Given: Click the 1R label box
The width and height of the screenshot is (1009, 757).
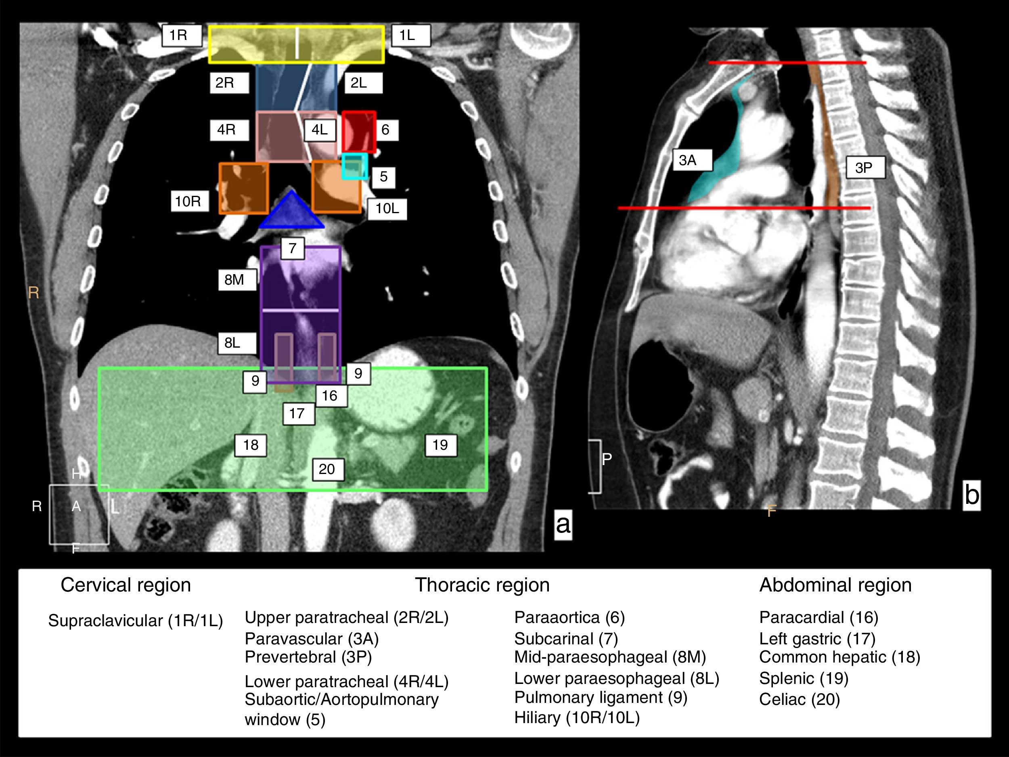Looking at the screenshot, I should click(x=182, y=36).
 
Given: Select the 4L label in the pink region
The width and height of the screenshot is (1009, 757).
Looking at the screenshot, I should click(x=320, y=130).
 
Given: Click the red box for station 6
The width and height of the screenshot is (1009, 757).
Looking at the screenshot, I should click(x=359, y=132).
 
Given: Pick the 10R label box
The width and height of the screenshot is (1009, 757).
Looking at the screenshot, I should click(x=190, y=201).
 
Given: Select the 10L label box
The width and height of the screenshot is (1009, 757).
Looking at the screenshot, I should click(x=387, y=209).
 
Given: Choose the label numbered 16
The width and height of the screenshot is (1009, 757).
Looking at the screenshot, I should click(x=331, y=396).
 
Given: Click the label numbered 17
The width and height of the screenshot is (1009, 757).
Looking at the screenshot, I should click(x=298, y=414).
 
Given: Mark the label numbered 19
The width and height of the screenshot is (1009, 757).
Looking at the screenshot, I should click(x=441, y=445).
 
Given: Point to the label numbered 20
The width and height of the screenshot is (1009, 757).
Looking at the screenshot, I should click(x=327, y=470).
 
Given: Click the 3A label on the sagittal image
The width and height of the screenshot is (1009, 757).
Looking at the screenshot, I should click(x=691, y=160).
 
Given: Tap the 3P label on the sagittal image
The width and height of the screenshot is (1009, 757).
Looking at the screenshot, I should click(x=865, y=168).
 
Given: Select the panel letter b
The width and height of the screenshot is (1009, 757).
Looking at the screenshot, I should click(x=971, y=495).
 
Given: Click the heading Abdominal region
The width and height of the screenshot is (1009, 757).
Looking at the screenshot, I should click(x=835, y=585).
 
